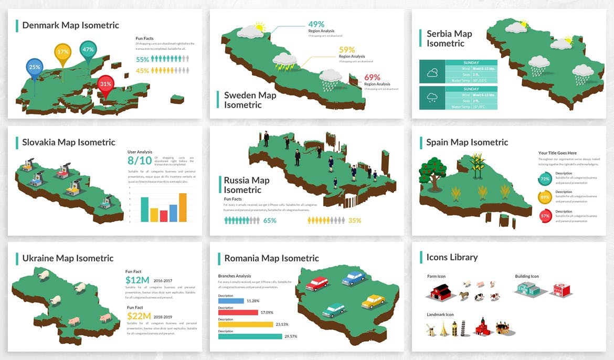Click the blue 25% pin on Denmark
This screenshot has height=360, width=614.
[x=35, y=67]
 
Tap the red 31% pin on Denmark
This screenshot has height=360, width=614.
[x=105, y=84]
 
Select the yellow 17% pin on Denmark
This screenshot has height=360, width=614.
[x=63, y=52]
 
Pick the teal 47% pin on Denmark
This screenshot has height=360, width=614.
[x=88, y=50]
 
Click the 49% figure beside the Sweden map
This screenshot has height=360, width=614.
[x=316, y=24]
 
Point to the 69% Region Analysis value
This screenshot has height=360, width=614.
[x=372, y=77]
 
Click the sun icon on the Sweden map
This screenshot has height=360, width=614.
[x=259, y=26]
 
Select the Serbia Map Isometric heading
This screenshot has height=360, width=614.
[x=449, y=38]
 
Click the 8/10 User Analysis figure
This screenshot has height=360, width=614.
[x=140, y=161]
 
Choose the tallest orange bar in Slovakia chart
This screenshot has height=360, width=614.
[x=183, y=207]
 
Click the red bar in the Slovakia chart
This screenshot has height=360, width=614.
[x=164, y=216]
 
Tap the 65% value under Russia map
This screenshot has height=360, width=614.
[x=270, y=220]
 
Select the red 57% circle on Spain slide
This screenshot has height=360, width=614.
[x=545, y=216]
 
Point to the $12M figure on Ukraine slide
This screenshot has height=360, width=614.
[x=137, y=280]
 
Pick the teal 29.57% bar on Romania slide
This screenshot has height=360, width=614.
[x=249, y=336]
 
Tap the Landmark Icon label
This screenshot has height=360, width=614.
[x=440, y=314]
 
